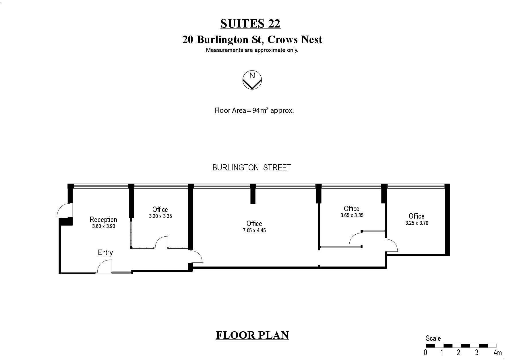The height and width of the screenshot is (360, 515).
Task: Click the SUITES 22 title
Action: click(x=251, y=24)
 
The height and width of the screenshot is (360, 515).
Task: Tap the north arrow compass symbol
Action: click(x=252, y=80)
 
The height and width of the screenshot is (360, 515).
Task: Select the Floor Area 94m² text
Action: click(x=254, y=110)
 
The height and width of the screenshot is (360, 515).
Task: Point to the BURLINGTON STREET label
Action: click(x=252, y=168)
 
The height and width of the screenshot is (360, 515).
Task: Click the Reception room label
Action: click(x=103, y=219)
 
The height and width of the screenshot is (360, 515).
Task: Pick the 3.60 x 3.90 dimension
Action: click(x=104, y=226)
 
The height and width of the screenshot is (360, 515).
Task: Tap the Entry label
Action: click(x=105, y=252)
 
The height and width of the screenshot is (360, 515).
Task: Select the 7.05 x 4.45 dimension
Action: click(x=254, y=230)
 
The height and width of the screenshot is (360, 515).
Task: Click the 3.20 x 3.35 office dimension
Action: click(x=160, y=216)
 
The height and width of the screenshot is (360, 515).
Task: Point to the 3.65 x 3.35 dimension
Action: click(x=352, y=215)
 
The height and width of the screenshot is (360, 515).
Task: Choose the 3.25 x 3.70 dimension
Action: click(x=417, y=223)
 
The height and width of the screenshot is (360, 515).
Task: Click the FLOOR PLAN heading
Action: click(x=252, y=335)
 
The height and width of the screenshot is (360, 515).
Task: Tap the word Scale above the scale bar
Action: click(x=433, y=338)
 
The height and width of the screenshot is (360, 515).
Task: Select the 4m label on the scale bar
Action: click(x=497, y=352)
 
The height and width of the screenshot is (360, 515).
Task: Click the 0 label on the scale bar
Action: click(x=425, y=352)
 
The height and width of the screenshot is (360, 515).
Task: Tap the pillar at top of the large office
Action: click(x=253, y=194)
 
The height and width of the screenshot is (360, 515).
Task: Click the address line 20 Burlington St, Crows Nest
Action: click(x=252, y=39)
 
